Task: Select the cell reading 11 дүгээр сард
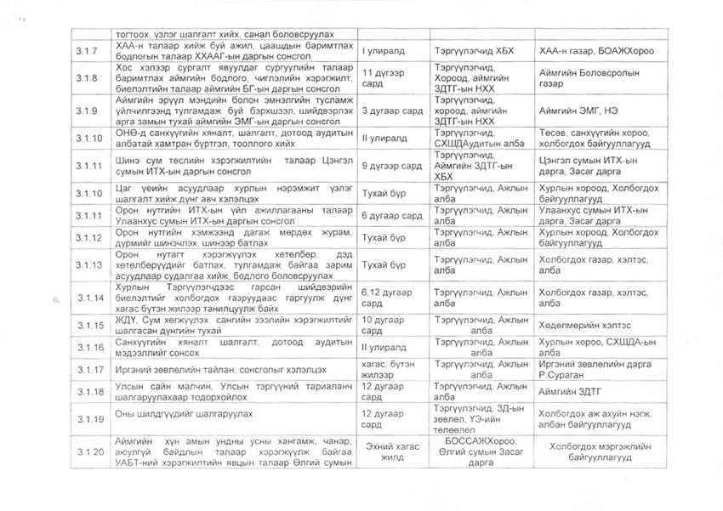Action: [x=381, y=81]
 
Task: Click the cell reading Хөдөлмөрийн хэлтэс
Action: [x=585, y=325]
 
